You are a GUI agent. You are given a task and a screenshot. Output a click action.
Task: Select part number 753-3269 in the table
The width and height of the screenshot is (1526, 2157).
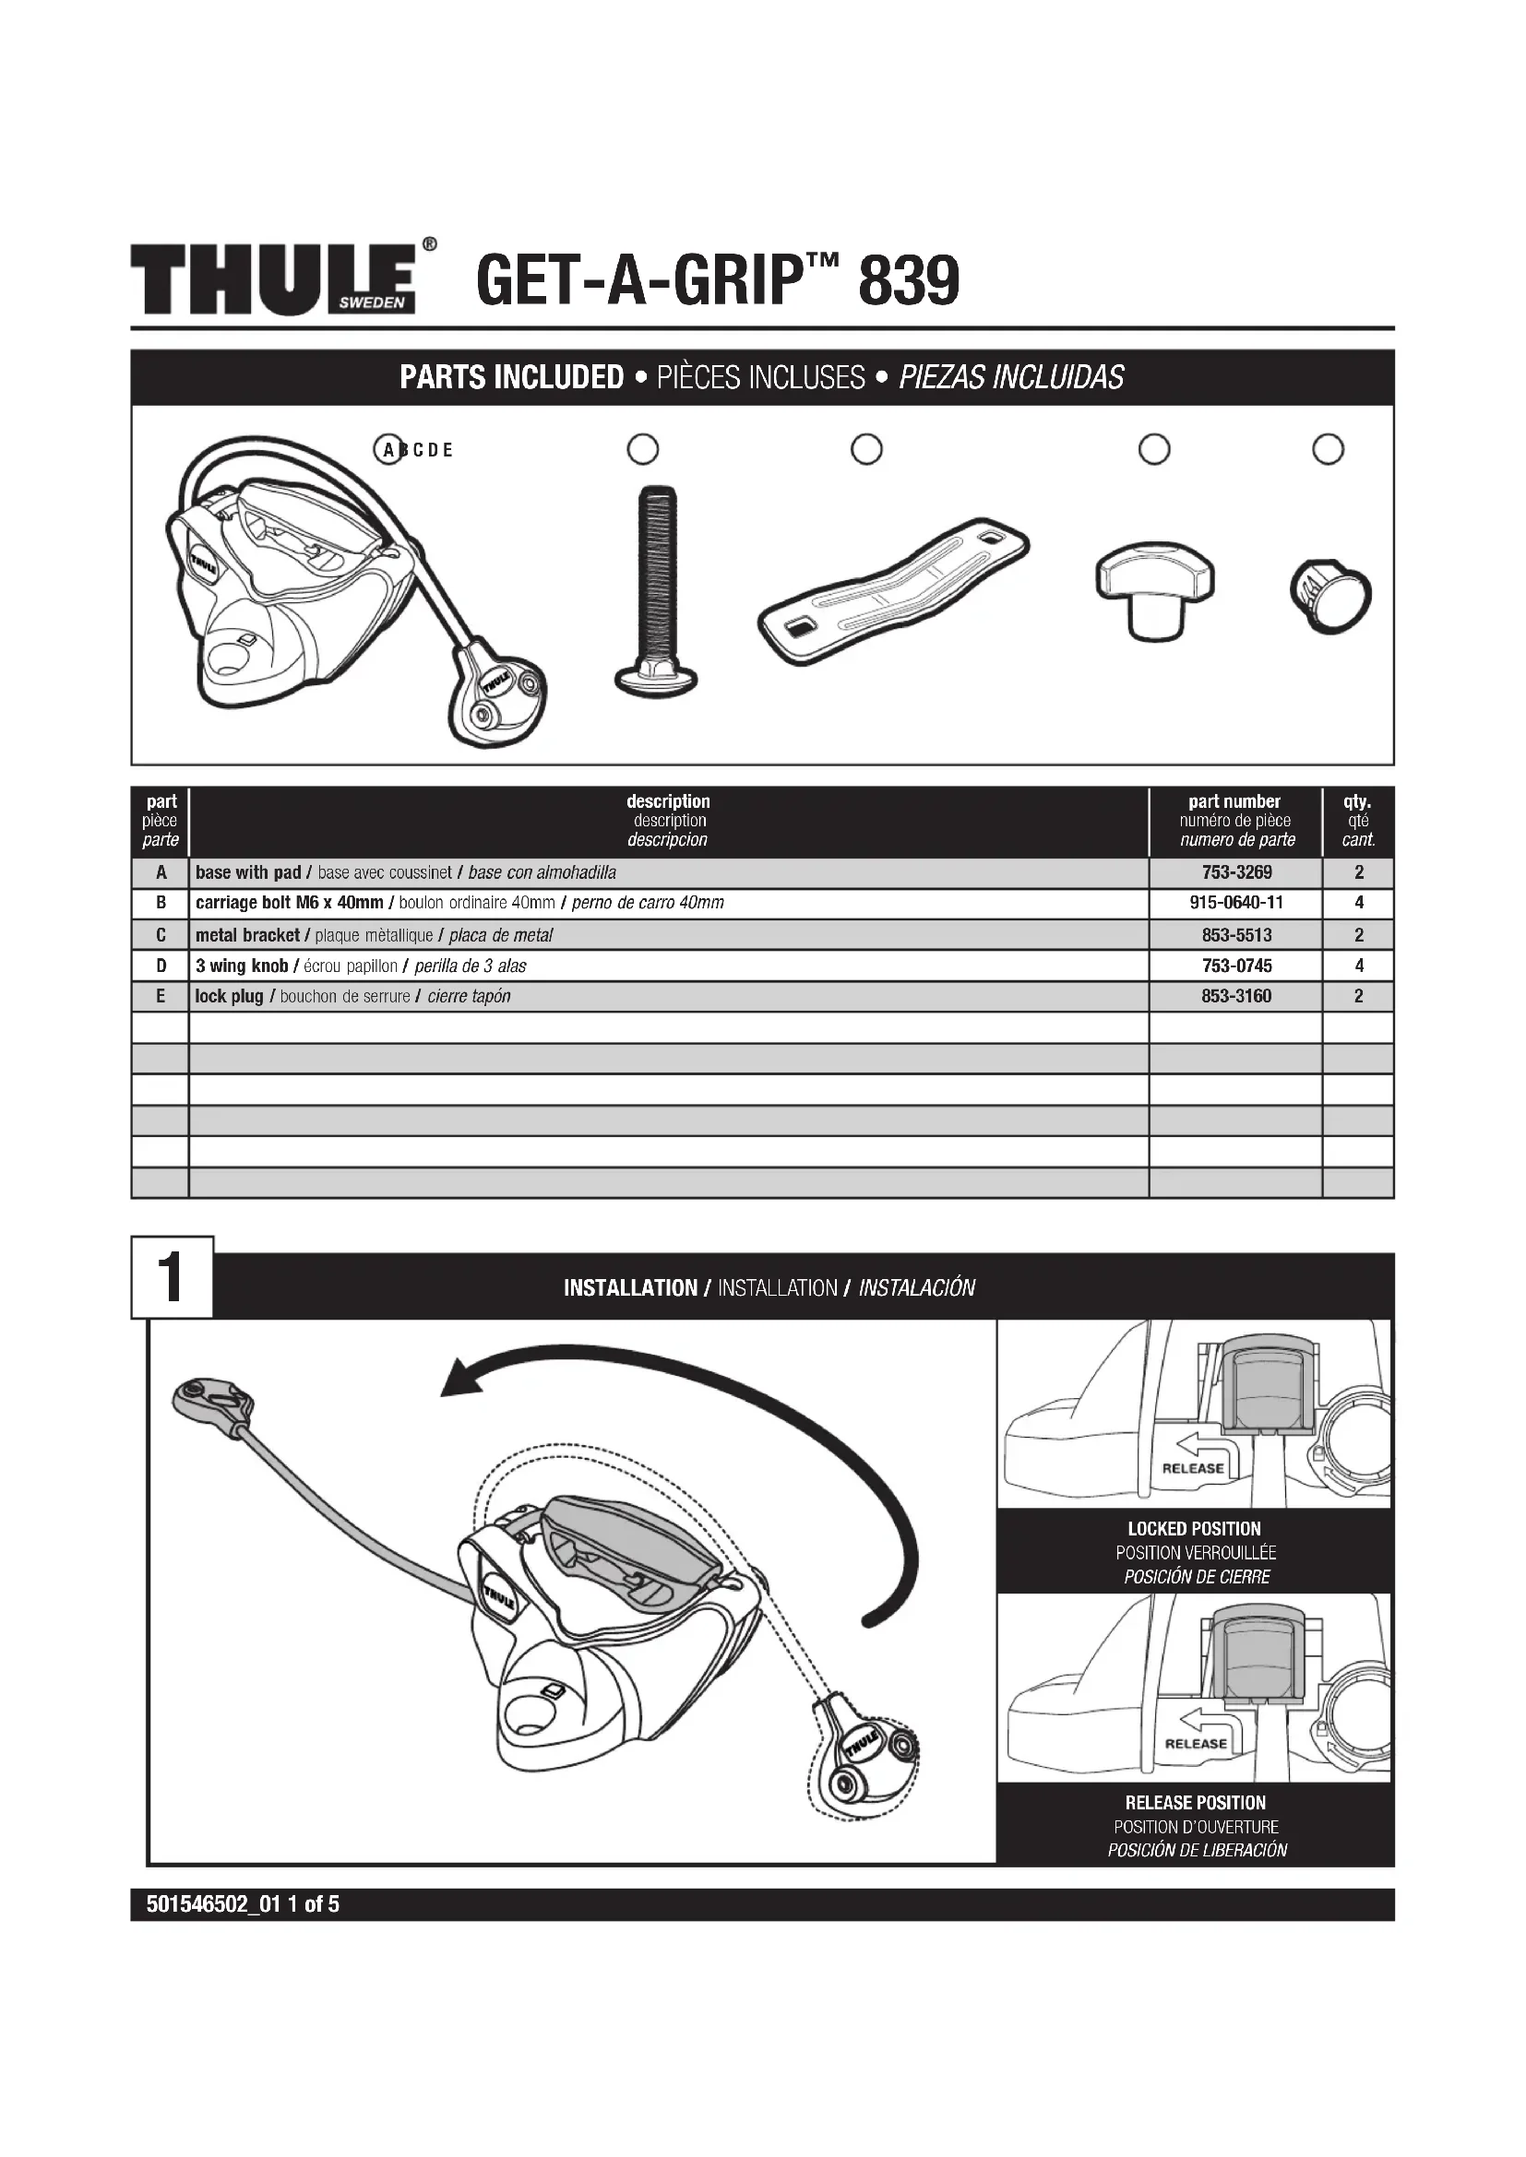1235,872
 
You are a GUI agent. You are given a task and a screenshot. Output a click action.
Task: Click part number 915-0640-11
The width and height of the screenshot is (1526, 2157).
1235,903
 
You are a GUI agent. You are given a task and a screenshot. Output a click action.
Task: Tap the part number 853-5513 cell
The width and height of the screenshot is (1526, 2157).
1235,935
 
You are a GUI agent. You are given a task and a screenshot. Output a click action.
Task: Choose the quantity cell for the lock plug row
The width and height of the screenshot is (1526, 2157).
1358,996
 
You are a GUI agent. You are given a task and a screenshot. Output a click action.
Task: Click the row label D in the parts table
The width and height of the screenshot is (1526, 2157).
161,966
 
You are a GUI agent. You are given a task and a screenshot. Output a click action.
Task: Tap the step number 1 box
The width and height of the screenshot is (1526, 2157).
172,1277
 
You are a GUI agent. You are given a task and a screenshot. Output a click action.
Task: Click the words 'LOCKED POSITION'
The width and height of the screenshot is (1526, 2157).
1194,1528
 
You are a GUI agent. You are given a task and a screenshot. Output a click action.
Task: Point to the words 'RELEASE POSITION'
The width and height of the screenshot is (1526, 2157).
1195,1803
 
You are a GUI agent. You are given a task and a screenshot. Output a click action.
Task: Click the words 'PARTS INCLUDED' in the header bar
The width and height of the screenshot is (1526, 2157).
511,378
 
